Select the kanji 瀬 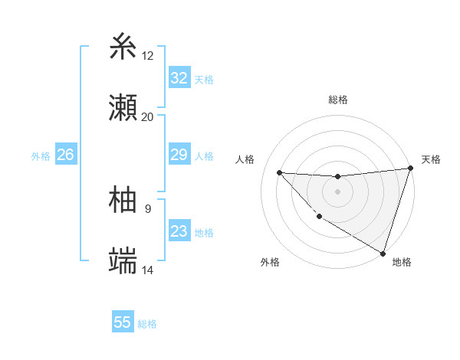(x=124, y=108)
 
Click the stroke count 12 (x=148, y=56)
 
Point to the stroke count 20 (x=148, y=117)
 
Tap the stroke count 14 (x=148, y=270)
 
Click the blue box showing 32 (x=179, y=78)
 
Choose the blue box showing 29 (x=179, y=155)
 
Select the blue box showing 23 (x=179, y=231)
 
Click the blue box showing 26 (x=65, y=155)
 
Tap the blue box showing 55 (x=123, y=322)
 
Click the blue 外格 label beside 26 (x=41, y=155)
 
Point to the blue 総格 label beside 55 (x=147, y=323)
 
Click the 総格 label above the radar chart (x=338, y=100)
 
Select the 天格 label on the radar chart (x=431, y=159)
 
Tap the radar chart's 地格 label (x=402, y=262)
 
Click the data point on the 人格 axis (x=279, y=172)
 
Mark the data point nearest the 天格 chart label (x=410, y=169)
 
